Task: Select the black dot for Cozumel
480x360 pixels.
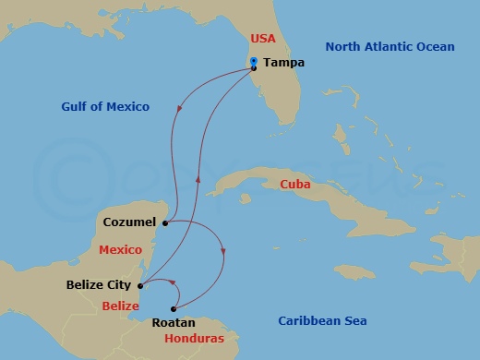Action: tap(163, 222)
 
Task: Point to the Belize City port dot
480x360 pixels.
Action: tap(138, 285)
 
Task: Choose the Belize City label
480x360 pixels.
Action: tap(98, 285)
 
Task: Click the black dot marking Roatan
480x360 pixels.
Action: tap(174, 309)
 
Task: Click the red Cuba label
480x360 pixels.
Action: tap(294, 185)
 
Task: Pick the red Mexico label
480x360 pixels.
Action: tap(120, 250)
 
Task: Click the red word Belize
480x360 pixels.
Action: tap(120, 306)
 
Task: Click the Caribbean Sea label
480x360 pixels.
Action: tap(322, 320)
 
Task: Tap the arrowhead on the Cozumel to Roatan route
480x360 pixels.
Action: tap(223, 251)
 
